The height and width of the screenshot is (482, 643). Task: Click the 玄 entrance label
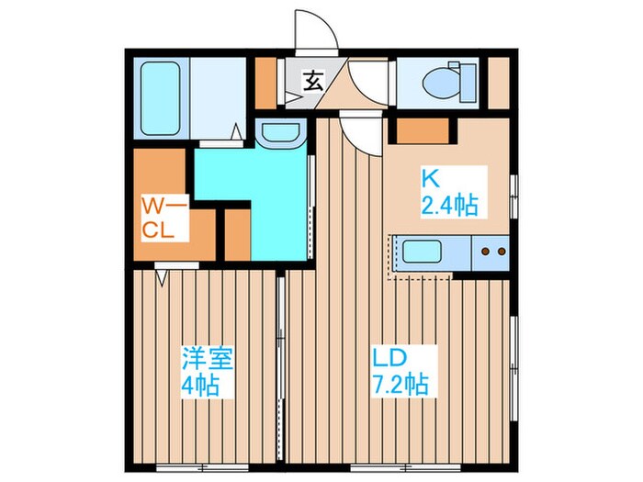coord(313,81)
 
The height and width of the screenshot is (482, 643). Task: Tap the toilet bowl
coord(441,83)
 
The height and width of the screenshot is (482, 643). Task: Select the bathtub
coord(161,98)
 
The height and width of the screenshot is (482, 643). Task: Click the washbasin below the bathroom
coord(280,132)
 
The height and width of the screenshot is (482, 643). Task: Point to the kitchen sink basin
coord(422,252)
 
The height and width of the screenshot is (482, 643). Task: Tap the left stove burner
coord(486,252)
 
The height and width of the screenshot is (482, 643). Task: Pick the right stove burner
coord(502,252)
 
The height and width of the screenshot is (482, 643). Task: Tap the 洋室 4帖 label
coord(207,371)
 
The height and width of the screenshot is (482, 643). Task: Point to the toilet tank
coord(468,83)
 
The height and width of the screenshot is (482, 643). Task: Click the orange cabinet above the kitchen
coord(423,130)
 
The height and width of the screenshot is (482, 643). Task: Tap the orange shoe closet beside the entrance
coord(265,84)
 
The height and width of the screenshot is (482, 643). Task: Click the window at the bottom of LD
coord(406,467)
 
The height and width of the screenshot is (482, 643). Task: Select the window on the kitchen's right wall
coord(513,196)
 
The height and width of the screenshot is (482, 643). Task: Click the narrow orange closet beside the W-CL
coord(238,234)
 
